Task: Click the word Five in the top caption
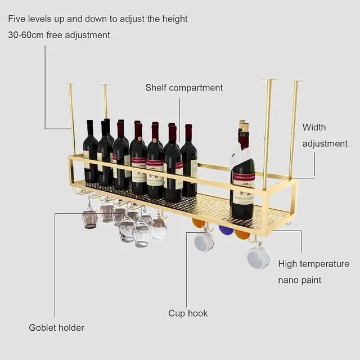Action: (17, 19)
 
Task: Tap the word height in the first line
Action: (175, 19)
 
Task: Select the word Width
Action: (314, 127)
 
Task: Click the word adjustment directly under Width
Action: (325, 143)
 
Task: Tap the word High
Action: (289, 263)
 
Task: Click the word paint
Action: (312, 280)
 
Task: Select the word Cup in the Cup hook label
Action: (177, 313)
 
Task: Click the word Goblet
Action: (43, 327)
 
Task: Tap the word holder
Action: (72, 327)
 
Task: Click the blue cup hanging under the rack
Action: (226, 230)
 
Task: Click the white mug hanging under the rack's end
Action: (258, 256)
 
